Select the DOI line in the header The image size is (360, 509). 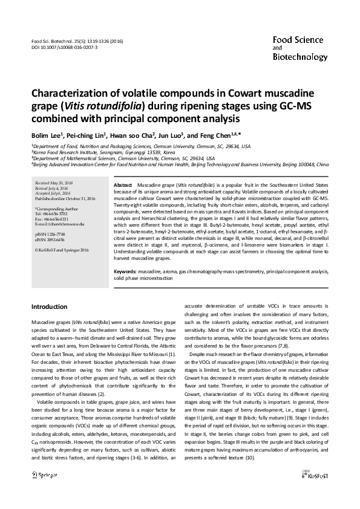[64, 47]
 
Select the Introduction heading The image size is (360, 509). [49, 307]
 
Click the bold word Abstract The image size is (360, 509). [123, 183]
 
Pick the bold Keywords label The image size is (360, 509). [125, 272]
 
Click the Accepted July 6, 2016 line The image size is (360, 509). [53, 192]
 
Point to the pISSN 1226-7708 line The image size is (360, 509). [50, 233]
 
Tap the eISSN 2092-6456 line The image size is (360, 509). [50, 239]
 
